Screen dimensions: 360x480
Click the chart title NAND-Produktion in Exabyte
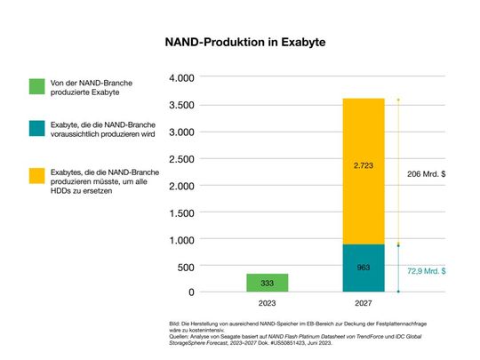tap(239, 42)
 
